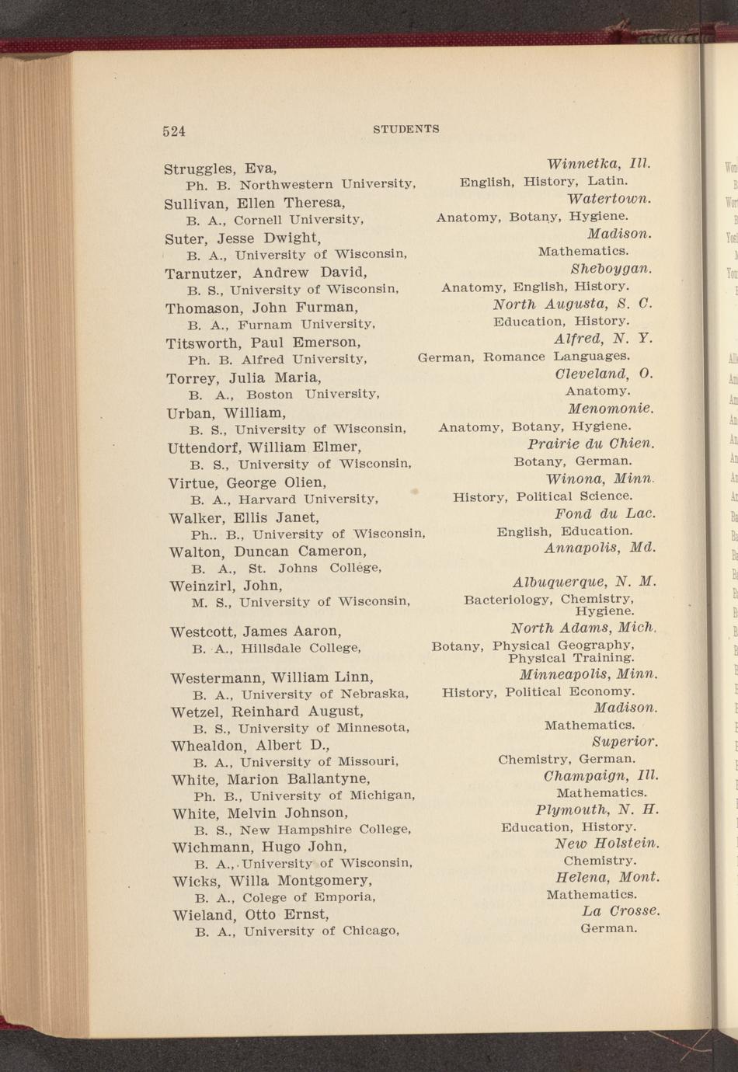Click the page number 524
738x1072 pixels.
[x=174, y=131]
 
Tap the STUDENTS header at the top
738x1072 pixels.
[x=406, y=129]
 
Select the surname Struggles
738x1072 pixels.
[x=200, y=169]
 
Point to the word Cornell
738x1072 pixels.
[x=259, y=220]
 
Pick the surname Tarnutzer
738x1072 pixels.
[x=204, y=273]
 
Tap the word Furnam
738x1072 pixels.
[x=266, y=325]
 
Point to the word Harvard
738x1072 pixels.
[x=267, y=499]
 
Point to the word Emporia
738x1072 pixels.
[x=343, y=897]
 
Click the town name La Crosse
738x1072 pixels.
[x=621, y=910]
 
